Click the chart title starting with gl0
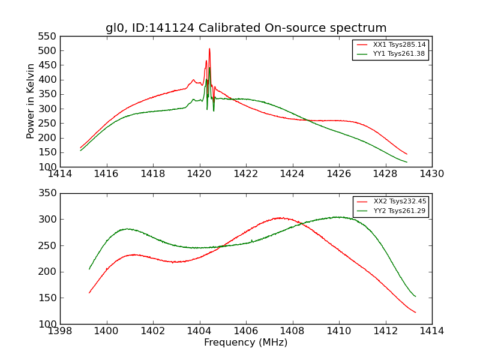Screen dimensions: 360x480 pyautogui.click(x=246, y=28)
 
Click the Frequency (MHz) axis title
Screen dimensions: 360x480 pyautogui.click(x=246, y=343)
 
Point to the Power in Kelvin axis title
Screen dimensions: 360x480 pyautogui.click(x=31, y=101)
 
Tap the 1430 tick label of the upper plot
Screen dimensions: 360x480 pyautogui.click(x=431, y=174)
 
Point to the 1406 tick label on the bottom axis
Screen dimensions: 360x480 pyautogui.click(x=246, y=331)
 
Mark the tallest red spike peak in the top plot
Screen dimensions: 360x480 pyautogui.click(x=209, y=49)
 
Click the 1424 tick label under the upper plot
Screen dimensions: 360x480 pyautogui.click(x=292, y=174)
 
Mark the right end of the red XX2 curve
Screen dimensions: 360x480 pyautogui.click(x=415, y=313)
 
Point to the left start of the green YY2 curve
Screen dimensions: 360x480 pyautogui.click(x=89, y=269)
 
